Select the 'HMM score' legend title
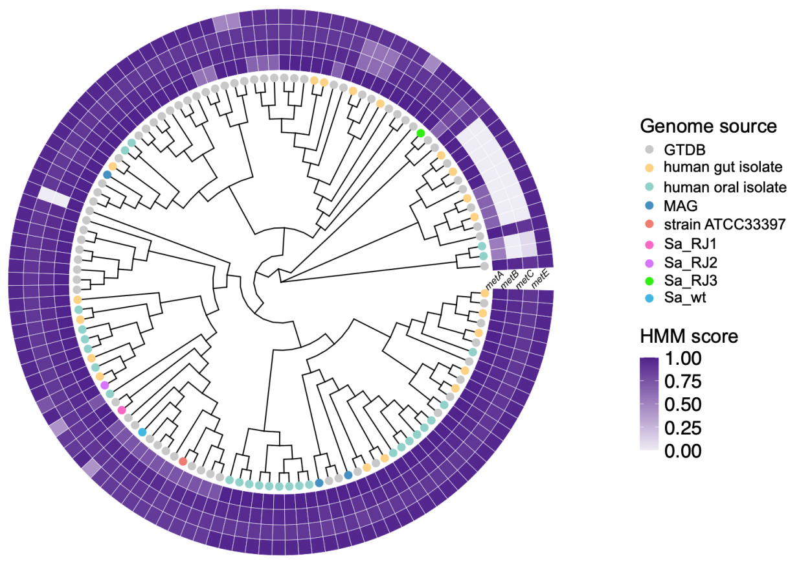pyautogui.click(x=689, y=336)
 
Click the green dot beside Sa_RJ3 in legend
pyautogui.click(x=651, y=281)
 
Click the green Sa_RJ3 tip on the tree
pyautogui.click(x=421, y=133)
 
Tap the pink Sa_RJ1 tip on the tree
pyautogui.click(x=121, y=410)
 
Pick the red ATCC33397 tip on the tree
pyautogui.click(x=183, y=461)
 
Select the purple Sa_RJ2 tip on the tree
pyautogui.click(x=105, y=386)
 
